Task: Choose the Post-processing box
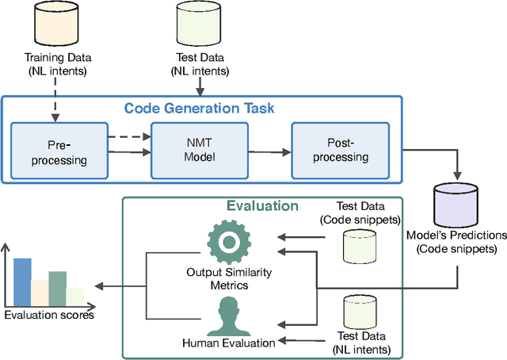coord(330,151)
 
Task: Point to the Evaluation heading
coord(261,205)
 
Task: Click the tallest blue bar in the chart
coord(22,281)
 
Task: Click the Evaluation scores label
coord(49,315)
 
